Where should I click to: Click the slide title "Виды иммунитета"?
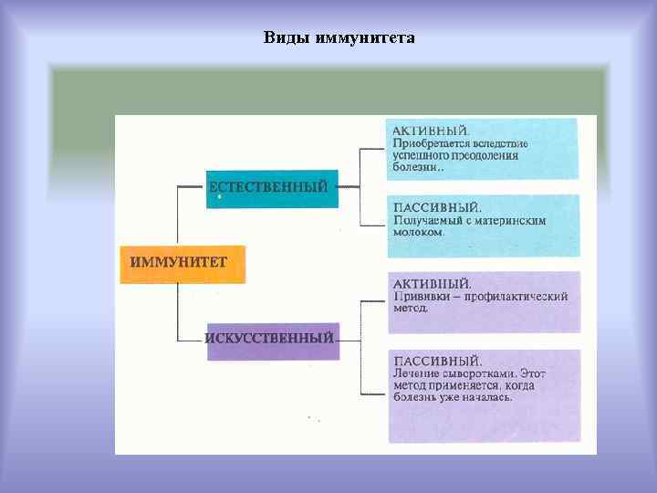(x=339, y=37)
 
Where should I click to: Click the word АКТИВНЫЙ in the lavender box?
(x=432, y=284)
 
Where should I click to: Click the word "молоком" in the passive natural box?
(x=418, y=232)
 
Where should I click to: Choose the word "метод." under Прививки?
(x=410, y=309)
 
